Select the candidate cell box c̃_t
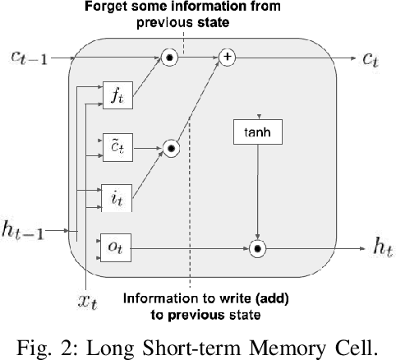[x=116, y=148]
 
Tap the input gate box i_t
[x=116, y=196]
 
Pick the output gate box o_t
[x=116, y=245]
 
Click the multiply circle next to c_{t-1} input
[x=169, y=58]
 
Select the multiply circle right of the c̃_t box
[x=171, y=149]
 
